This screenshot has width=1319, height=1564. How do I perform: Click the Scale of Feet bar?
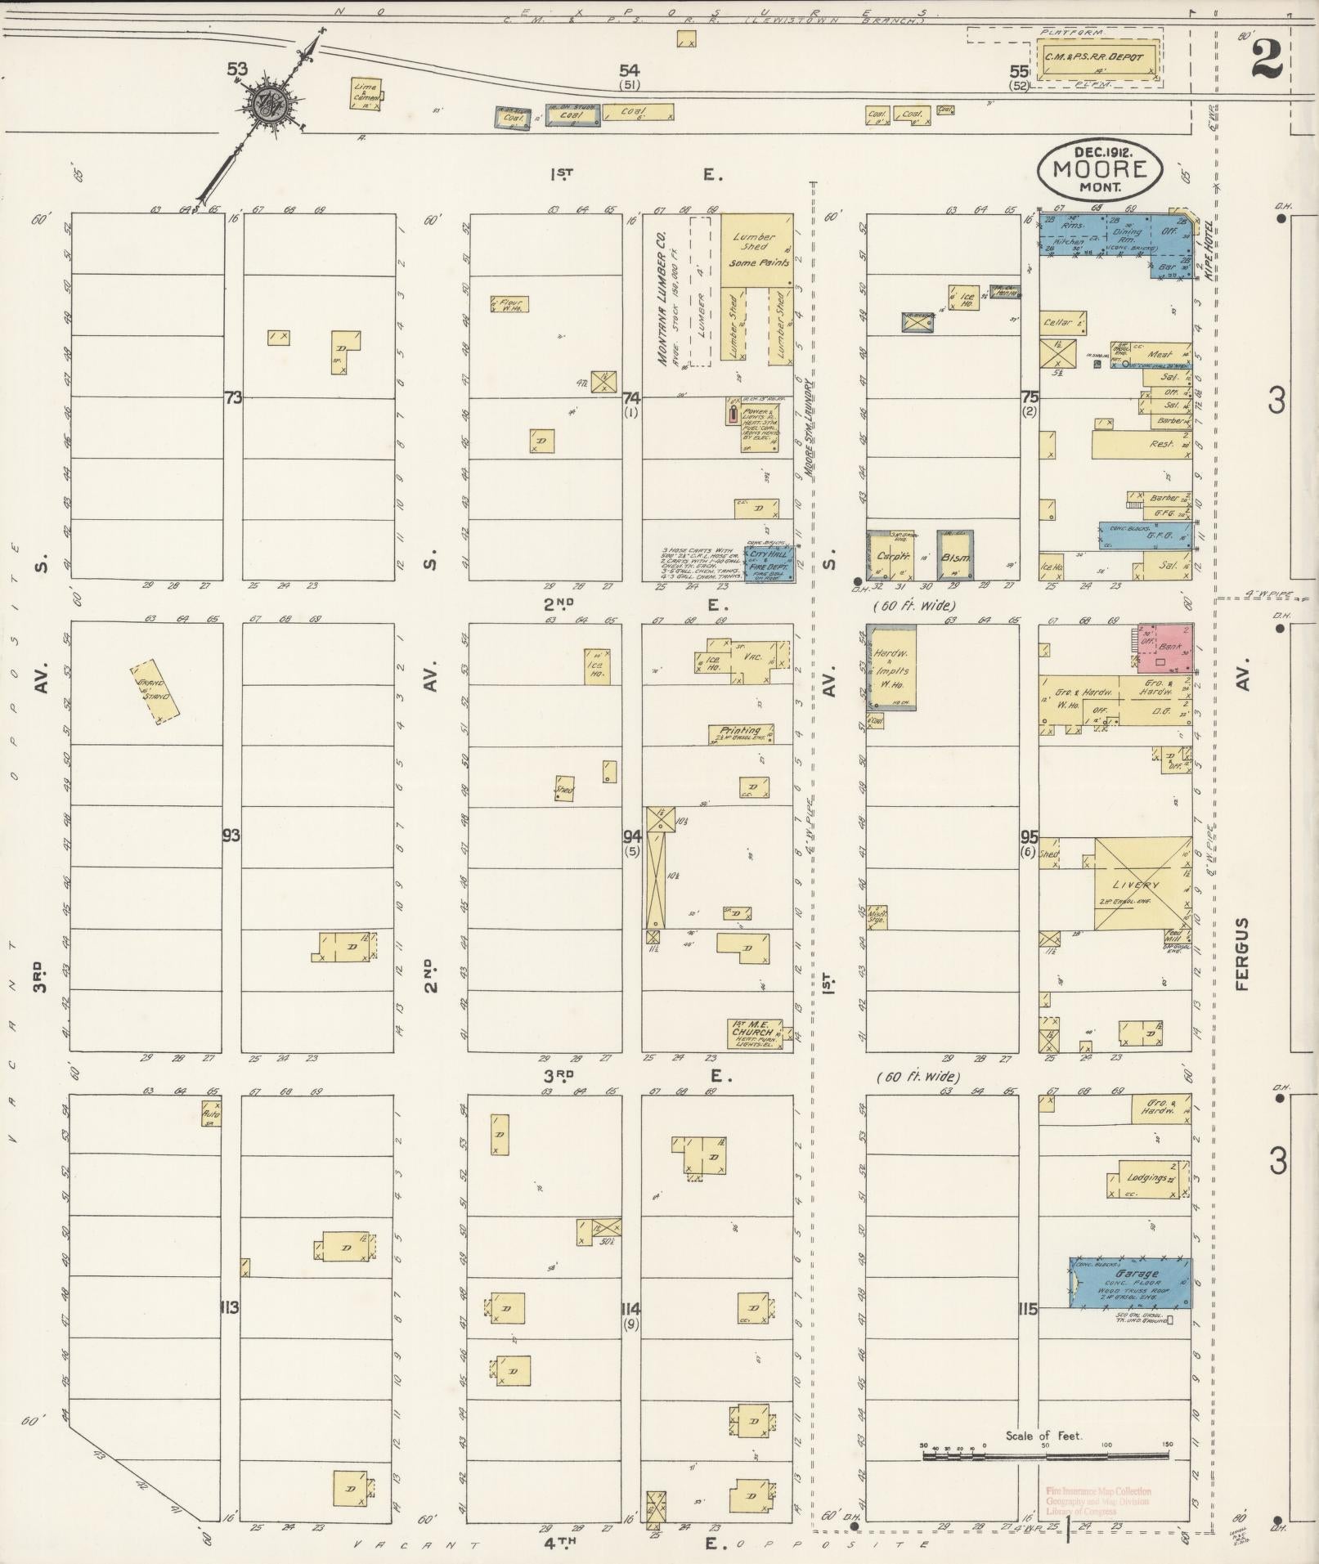(1046, 1456)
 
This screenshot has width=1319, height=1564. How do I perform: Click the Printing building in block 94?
(741, 733)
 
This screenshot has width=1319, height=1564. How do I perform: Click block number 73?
(234, 397)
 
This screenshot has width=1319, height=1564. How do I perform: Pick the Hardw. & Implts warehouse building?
(892, 669)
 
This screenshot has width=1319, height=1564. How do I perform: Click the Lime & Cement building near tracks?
(364, 95)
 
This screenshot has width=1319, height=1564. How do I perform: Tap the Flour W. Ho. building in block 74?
(509, 304)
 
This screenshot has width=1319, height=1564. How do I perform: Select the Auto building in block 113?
(212, 1114)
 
